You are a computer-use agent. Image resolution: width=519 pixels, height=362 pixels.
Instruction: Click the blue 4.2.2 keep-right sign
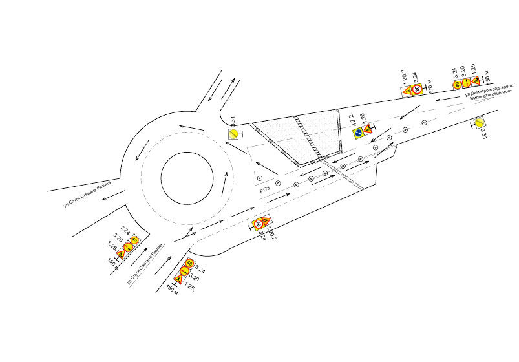[357, 133]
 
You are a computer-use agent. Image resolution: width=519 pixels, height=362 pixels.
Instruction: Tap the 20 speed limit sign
[418, 90]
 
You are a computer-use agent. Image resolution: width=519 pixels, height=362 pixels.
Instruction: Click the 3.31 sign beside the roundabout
[232, 134]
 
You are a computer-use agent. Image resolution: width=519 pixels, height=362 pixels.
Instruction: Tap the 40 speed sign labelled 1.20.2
[258, 224]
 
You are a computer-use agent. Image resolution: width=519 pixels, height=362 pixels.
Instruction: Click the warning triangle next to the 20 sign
[408, 91]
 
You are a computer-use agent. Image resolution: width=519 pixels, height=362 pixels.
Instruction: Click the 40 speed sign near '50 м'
[458, 84]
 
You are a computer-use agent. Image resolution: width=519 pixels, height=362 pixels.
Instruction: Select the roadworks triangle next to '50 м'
[475, 81]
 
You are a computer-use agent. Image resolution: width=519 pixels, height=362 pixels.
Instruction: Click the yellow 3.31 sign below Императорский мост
[480, 123]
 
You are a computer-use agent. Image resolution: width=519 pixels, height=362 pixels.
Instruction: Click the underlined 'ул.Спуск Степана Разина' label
[145, 267]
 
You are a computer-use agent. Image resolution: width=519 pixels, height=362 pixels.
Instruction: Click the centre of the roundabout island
[187, 178]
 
